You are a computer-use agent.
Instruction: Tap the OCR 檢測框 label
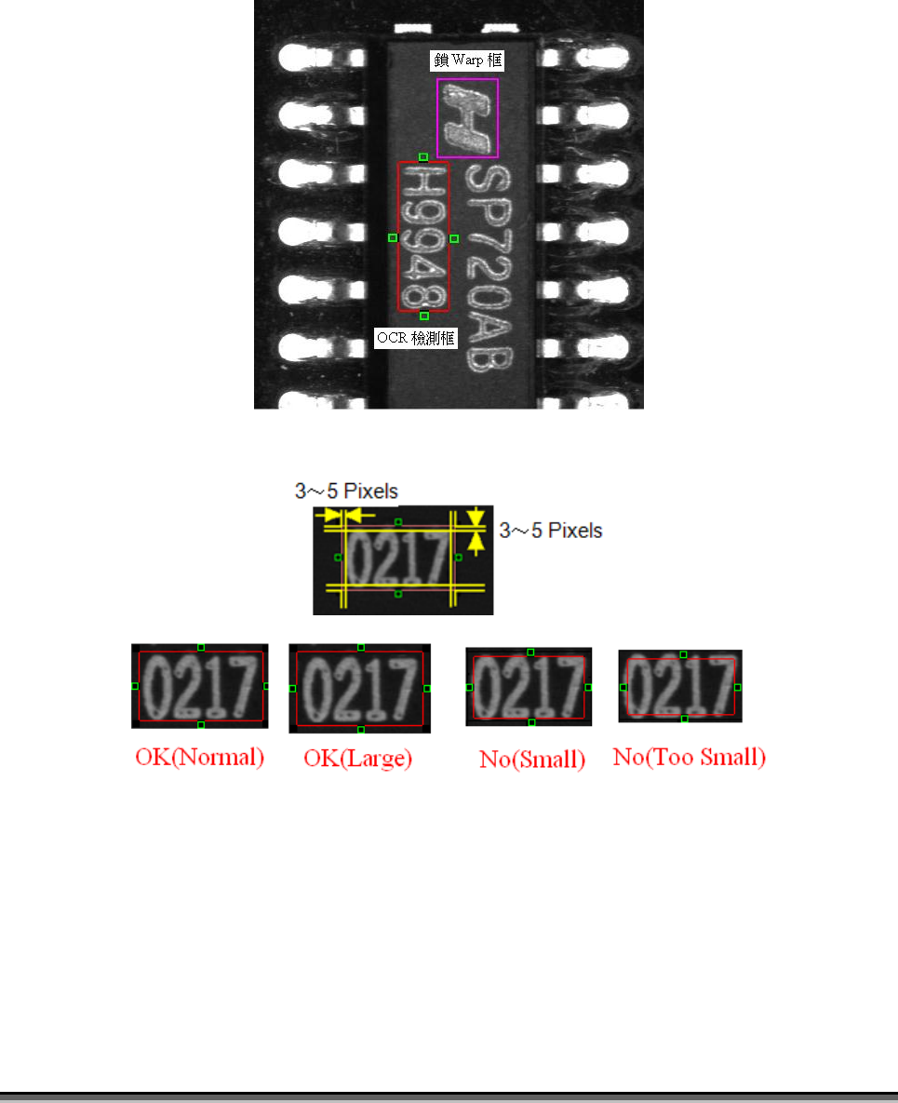(416, 338)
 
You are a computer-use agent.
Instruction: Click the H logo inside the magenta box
(467, 118)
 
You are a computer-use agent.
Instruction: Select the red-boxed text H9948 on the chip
(423, 236)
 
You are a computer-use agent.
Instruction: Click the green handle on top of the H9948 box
(423, 157)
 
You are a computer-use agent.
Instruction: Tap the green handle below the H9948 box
(424, 316)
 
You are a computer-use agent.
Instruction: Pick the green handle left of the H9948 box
(393, 238)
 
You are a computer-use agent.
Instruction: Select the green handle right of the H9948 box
(454, 238)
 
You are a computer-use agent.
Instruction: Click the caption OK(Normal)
(200, 758)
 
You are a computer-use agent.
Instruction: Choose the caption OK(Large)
(358, 759)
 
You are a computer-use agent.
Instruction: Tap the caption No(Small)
(532, 760)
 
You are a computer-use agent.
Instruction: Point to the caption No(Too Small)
(690, 758)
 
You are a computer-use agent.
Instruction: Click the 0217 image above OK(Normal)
(200, 686)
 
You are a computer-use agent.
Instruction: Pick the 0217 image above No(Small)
(529, 687)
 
